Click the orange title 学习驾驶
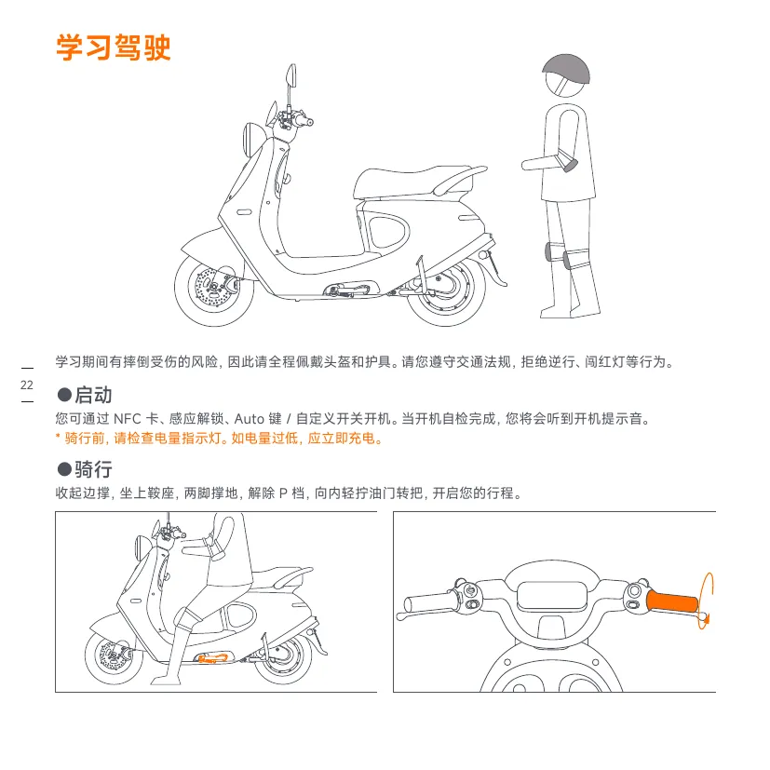114,47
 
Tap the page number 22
27,385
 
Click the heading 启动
93,395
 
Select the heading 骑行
93,469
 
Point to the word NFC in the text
127,419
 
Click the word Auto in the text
250,419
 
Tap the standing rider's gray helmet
566,69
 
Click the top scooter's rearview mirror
291,75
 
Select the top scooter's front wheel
213,290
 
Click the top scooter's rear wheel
446,294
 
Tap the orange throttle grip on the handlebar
672,601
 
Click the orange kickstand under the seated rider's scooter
213,657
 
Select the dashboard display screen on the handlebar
552,596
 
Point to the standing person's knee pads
560,255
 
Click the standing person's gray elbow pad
569,162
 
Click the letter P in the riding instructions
282,493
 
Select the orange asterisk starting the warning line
58,436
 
